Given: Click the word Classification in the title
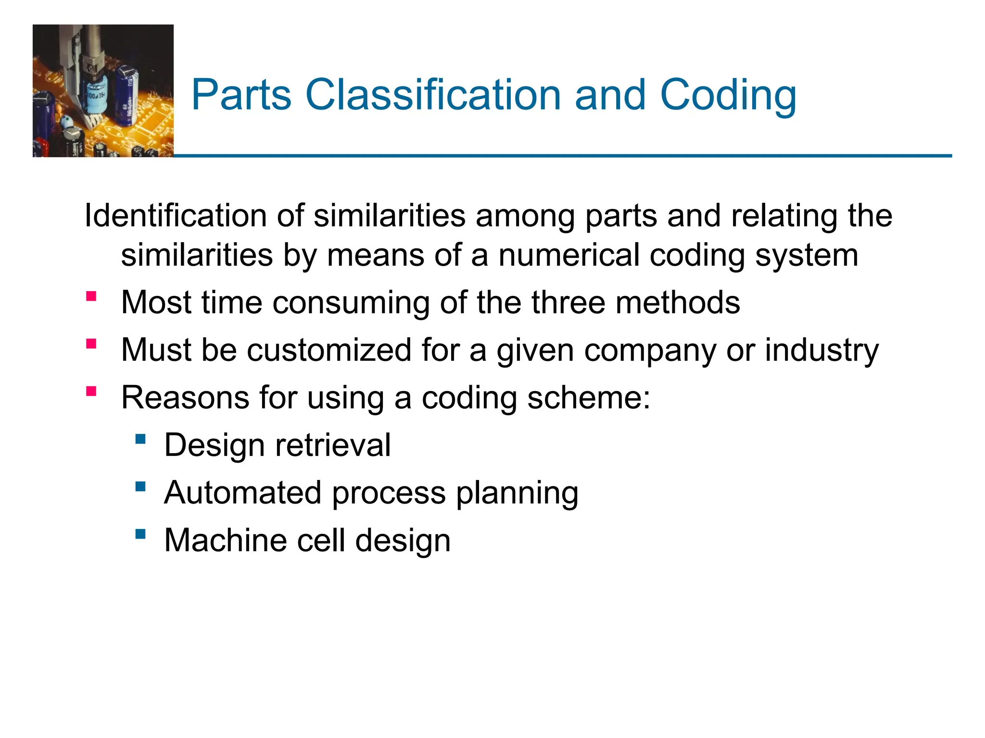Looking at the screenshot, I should click(x=433, y=95).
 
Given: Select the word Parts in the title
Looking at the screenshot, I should click(x=241, y=95).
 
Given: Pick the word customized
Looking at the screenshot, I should click(x=329, y=350).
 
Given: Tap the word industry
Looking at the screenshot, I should click(x=822, y=351).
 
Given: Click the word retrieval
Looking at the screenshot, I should click(x=333, y=445).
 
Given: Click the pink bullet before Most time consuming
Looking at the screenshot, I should click(x=91, y=296).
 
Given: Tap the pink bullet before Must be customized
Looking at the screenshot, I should click(x=91, y=344).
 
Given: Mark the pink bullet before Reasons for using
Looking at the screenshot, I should click(x=91, y=391).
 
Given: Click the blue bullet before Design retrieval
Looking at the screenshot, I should click(x=140, y=439).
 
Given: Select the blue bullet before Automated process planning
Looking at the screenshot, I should click(x=140, y=486).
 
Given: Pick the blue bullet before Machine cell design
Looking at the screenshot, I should click(x=140, y=534).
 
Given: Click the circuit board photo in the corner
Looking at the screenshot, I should click(x=103, y=91).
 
